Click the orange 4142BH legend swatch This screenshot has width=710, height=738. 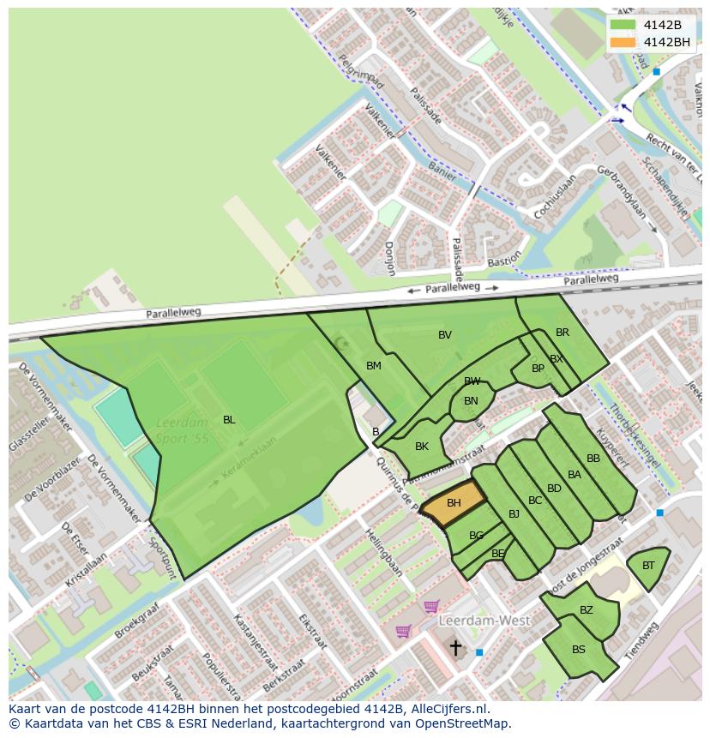pyautogui.click(x=623, y=42)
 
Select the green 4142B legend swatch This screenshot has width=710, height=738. pyautogui.click(x=623, y=25)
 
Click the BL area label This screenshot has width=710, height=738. pyautogui.click(x=229, y=419)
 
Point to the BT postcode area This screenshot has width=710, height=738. pyautogui.click(x=648, y=567)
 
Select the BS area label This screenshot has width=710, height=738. pyautogui.click(x=579, y=649)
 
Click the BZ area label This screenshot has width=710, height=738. pyautogui.click(x=587, y=610)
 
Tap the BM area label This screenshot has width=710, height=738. pyautogui.click(x=374, y=366)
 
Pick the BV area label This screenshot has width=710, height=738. pyautogui.click(x=445, y=335)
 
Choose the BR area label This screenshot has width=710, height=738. pyautogui.click(x=563, y=333)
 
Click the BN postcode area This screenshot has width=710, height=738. pyautogui.click(x=471, y=401)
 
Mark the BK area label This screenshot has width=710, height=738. pyautogui.click(x=422, y=447)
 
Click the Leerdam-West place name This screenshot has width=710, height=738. pyautogui.click(x=484, y=620)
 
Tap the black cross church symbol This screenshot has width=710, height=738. pyautogui.click(x=455, y=647)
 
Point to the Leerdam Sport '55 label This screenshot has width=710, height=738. pyautogui.click(x=183, y=430)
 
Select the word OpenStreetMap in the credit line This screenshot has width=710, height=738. pyautogui.click(x=463, y=723)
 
